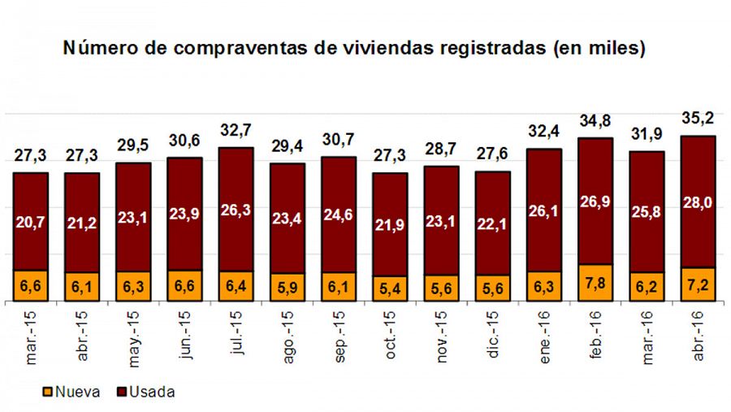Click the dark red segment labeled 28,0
pos(698,201)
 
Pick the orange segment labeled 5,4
pos(390,288)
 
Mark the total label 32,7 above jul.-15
pos(236,131)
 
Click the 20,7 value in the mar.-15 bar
pos(32,220)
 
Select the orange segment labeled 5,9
pos(288,288)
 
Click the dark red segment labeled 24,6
pos(339,215)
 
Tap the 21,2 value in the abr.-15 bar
pos(83,221)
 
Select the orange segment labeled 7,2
pos(698,284)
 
